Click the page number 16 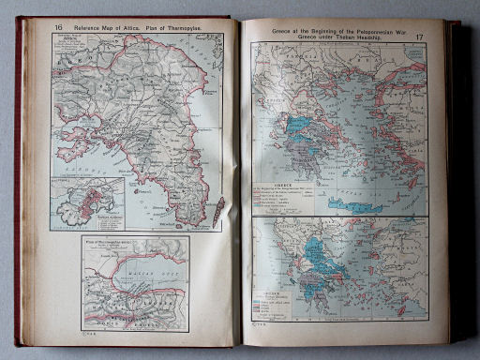pyautogui.click(x=59, y=30)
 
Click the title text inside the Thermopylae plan pyautogui.click(x=111, y=243)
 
